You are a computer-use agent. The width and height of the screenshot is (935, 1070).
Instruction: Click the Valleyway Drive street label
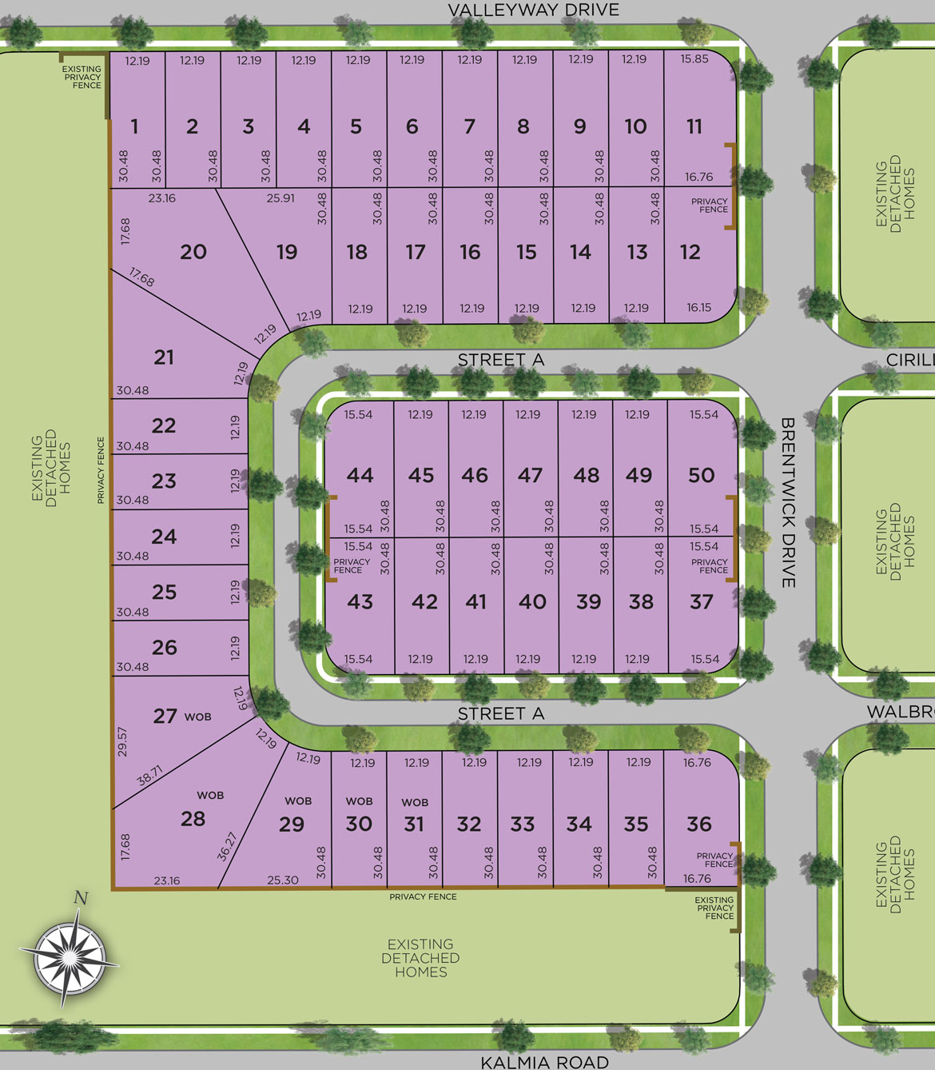tap(533, 10)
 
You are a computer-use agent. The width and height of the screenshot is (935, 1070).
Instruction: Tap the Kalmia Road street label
tap(544, 1062)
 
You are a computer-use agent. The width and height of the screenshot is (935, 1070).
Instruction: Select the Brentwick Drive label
tap(788, 502)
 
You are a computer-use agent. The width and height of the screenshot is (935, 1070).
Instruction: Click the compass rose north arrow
tap(71, 951)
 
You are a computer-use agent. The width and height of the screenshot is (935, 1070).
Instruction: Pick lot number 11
tap(694, 126)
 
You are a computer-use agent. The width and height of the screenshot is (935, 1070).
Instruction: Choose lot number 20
tap(193, 252)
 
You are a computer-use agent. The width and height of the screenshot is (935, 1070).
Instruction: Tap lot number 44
tap(360, 475)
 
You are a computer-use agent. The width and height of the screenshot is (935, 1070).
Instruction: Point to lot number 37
tap(701, 601)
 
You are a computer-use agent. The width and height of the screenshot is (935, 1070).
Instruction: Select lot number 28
tap(193, 819)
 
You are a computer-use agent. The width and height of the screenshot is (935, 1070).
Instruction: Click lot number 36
tap(699, 824)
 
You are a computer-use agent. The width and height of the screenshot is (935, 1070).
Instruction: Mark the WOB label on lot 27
tap(198, 717)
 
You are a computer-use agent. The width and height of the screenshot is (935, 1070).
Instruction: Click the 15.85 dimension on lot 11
tap(694, 59)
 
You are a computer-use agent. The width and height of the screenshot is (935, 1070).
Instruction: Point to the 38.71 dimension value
tap(149, 775)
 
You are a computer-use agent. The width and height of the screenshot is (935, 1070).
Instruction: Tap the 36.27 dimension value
tap(227, 846)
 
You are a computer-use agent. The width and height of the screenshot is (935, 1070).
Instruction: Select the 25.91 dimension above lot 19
tap(280, 198)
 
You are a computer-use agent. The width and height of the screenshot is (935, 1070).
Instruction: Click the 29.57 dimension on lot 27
tap(122, 741)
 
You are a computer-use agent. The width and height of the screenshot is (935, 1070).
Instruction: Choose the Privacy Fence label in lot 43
tap(352, 565)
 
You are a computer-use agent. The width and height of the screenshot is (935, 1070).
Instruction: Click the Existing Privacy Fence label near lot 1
tap(82, 77)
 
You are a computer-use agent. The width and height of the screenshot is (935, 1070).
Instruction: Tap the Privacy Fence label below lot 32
tap(423, 896)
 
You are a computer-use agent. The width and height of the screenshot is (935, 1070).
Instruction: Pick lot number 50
tap(701, 475)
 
